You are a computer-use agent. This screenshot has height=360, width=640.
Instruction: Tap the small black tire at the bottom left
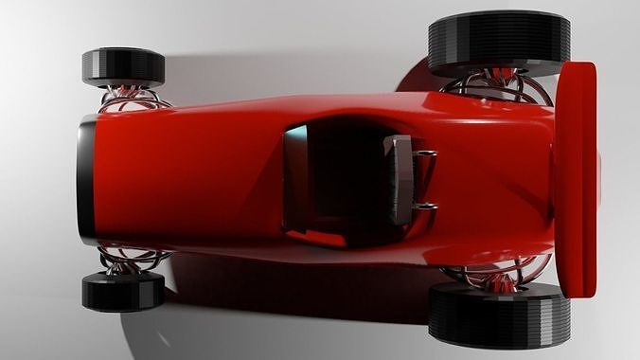pos(123,291)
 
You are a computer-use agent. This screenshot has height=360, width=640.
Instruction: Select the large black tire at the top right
pos(499,43)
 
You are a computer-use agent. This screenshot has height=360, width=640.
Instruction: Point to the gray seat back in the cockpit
pos(399,179)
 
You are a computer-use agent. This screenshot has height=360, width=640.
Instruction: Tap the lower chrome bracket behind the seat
pos(425,207)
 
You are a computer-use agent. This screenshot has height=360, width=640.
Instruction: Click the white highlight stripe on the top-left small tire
pos(123,54)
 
